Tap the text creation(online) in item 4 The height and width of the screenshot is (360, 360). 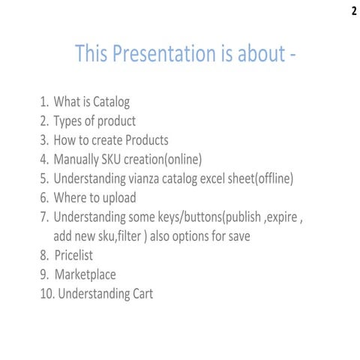point(165,160)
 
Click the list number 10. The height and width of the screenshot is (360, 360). point(46,294)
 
